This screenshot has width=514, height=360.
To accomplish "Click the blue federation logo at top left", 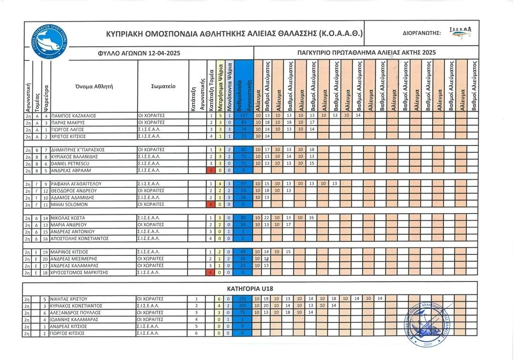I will [47, 41].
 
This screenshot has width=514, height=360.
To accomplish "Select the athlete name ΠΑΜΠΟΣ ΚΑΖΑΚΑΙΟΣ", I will [74, 116].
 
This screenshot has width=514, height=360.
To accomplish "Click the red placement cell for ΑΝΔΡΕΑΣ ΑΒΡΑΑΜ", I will [210, 170].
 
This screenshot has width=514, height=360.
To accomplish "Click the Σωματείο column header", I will [163, 87].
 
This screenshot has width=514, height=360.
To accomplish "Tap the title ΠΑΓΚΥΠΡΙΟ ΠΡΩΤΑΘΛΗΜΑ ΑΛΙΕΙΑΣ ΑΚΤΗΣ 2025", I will [366, 53].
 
